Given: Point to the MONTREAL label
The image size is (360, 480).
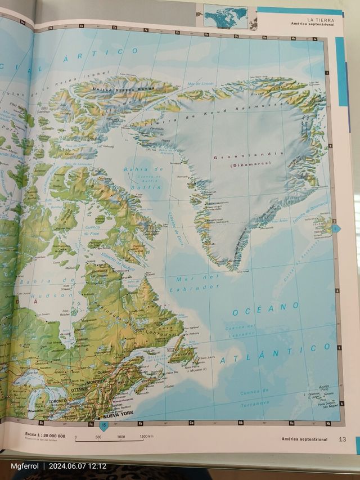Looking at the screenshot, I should [97, 381].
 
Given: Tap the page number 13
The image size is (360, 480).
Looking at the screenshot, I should [342, 439].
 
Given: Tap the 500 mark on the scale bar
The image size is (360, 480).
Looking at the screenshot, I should [98, 437].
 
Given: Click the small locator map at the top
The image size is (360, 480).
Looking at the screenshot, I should [226, 16].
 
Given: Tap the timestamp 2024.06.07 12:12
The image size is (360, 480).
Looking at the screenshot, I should [78, 466].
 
